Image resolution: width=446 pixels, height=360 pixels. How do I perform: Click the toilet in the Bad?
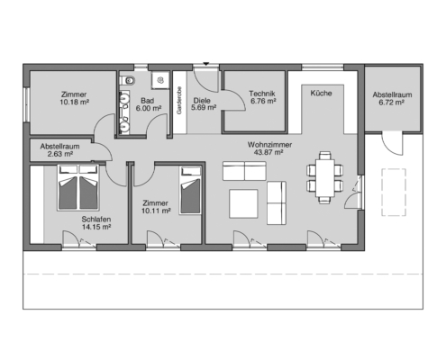127,80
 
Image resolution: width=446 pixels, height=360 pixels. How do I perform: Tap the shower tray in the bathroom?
160,80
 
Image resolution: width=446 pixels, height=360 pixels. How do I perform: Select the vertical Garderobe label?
179,101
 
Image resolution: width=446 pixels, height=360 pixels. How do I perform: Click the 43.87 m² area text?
269,152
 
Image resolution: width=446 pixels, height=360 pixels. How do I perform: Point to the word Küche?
321,93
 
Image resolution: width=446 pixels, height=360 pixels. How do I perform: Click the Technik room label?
262,94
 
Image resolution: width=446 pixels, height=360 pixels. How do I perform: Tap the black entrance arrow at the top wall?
205,64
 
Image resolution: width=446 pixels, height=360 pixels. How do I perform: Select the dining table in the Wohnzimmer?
324,178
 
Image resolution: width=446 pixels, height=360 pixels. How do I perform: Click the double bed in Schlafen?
77,187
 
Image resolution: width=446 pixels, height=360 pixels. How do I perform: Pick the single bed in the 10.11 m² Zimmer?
190,190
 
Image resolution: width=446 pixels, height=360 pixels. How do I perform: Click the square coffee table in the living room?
243,203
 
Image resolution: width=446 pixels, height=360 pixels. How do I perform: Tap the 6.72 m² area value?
391,103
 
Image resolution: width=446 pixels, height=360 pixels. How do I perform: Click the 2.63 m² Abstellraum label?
59,150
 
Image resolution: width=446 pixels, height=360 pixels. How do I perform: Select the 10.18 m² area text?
74,102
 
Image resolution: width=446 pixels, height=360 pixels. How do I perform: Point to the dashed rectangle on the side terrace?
394,193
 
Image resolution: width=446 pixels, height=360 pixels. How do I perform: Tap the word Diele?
202,101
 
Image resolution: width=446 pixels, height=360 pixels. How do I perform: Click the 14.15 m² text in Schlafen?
96,227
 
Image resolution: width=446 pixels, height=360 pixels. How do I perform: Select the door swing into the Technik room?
236,100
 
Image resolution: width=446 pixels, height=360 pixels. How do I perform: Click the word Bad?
147,101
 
